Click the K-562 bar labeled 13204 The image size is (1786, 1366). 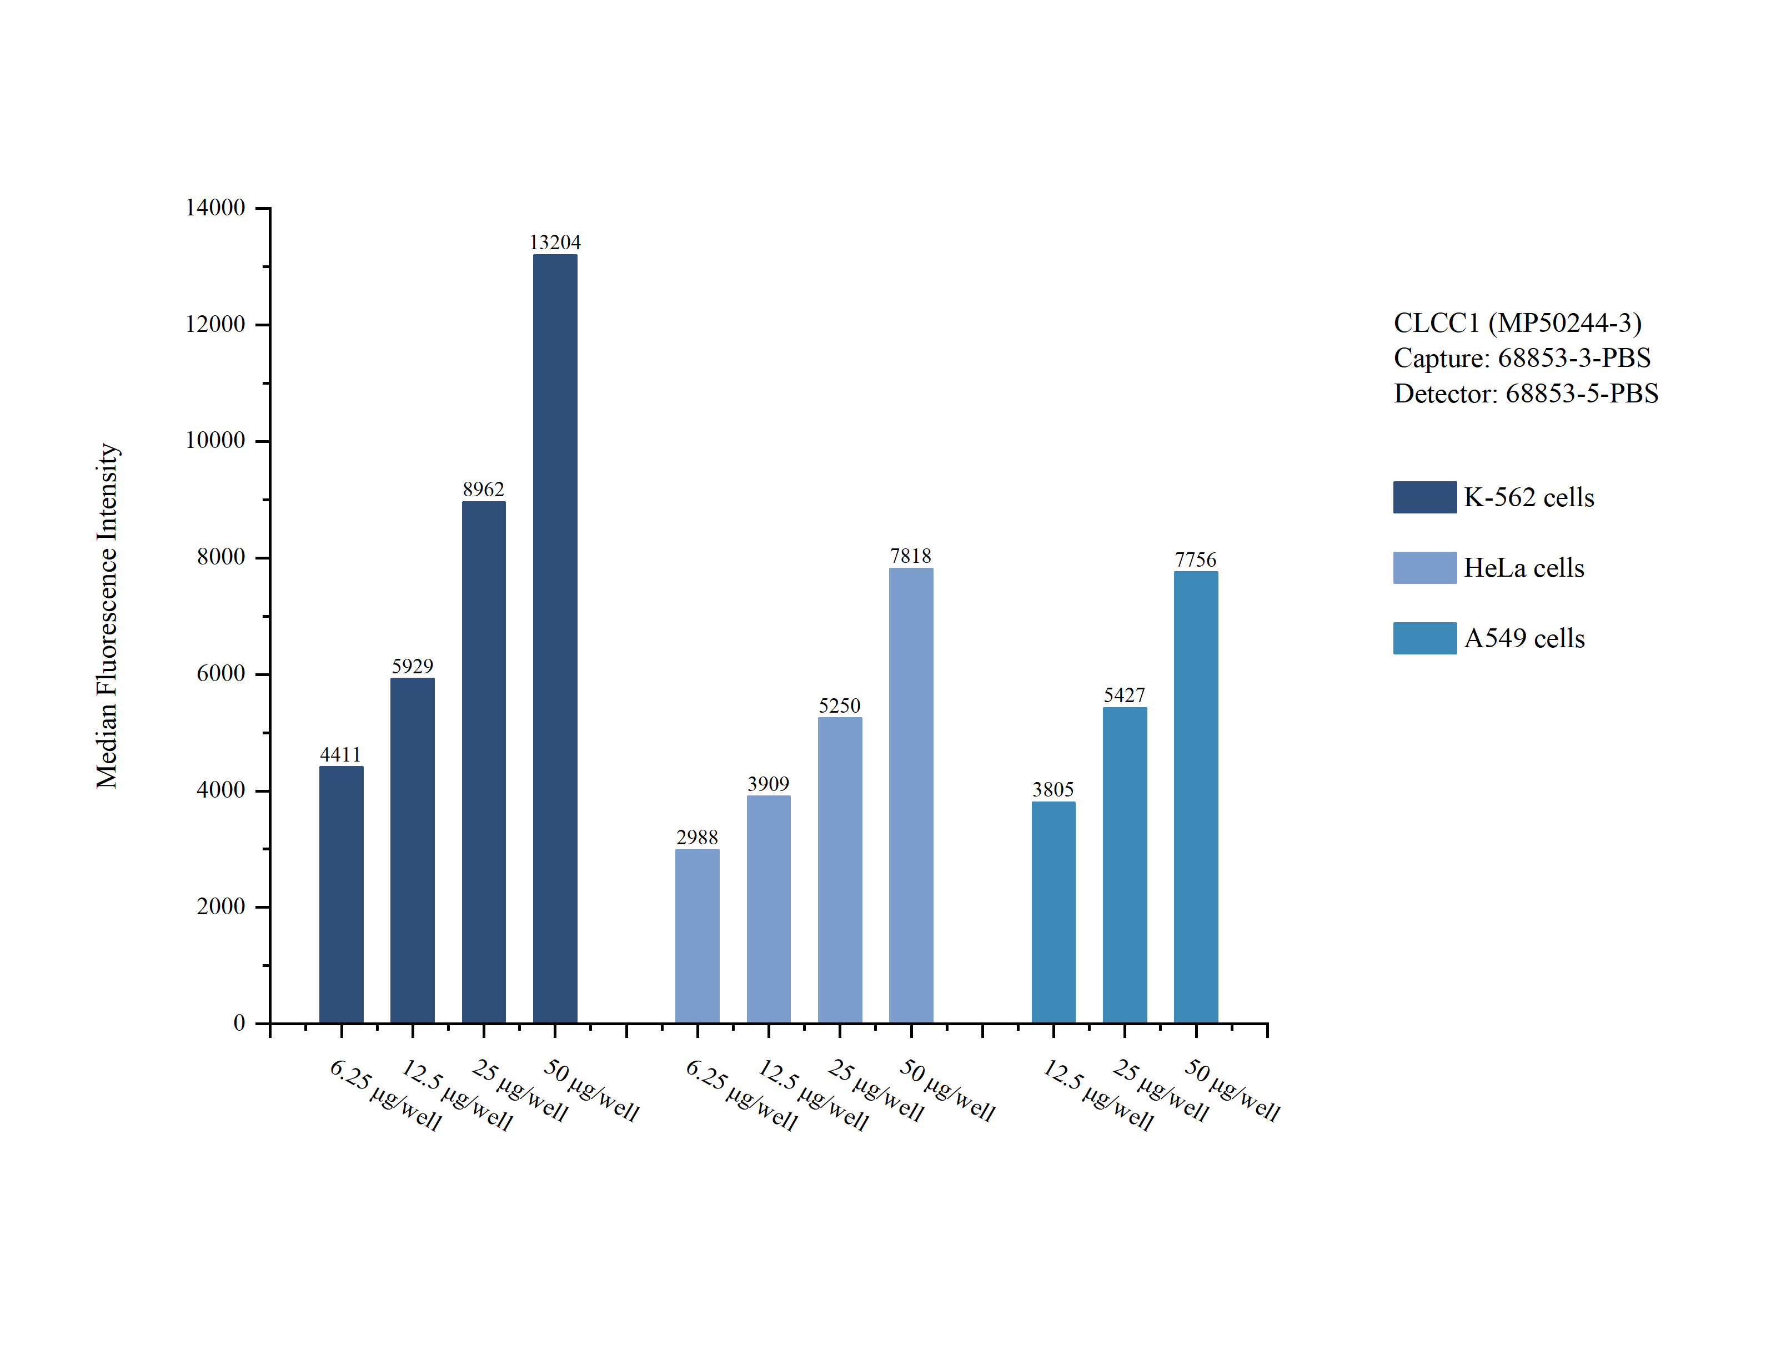click(555, 638)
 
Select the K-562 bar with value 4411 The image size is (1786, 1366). click(341, 894)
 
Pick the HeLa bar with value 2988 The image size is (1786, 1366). click(697, 935)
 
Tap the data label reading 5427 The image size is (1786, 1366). click(1124, 695)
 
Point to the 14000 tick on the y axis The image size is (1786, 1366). click(215, 208)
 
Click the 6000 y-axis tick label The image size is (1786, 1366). click(220, 674)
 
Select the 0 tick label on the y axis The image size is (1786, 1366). click(239, 1023)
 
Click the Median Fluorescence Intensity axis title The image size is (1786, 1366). click(107, 616)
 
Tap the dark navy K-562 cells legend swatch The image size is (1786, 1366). click(1424, 497)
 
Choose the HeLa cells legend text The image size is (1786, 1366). click(1523, 567)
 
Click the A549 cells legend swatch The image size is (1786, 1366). click(1424, 638)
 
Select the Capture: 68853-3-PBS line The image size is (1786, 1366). click(1522, 358)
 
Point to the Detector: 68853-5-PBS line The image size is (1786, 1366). click(1526, 394)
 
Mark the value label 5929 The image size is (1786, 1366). click(412, 667)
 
